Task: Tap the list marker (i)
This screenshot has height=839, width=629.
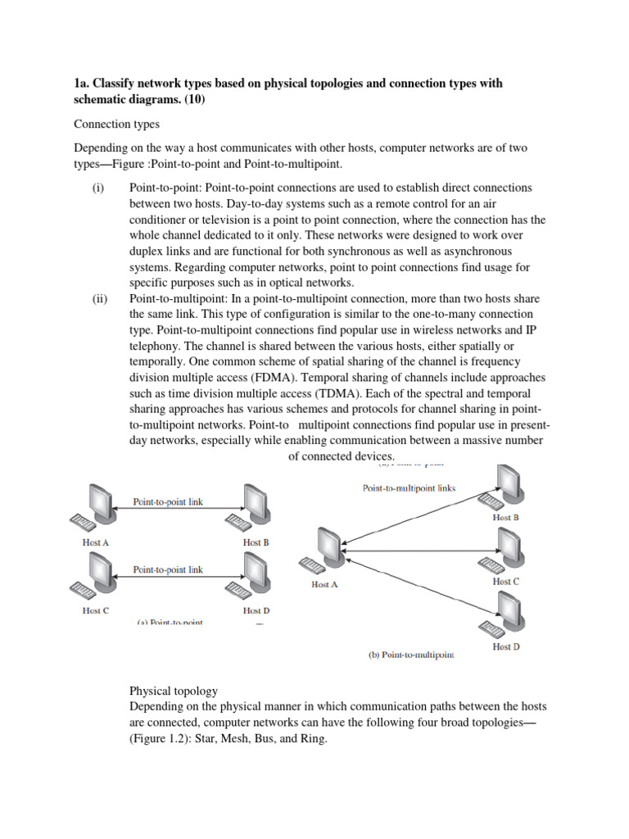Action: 97,188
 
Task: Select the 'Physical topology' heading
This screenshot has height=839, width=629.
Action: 174,691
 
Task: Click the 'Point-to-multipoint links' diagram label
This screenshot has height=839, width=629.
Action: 409,488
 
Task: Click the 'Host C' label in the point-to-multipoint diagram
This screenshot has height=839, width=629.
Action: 505,582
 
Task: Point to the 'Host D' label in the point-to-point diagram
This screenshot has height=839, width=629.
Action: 256,610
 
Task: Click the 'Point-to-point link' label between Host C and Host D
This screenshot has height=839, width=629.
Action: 168,569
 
